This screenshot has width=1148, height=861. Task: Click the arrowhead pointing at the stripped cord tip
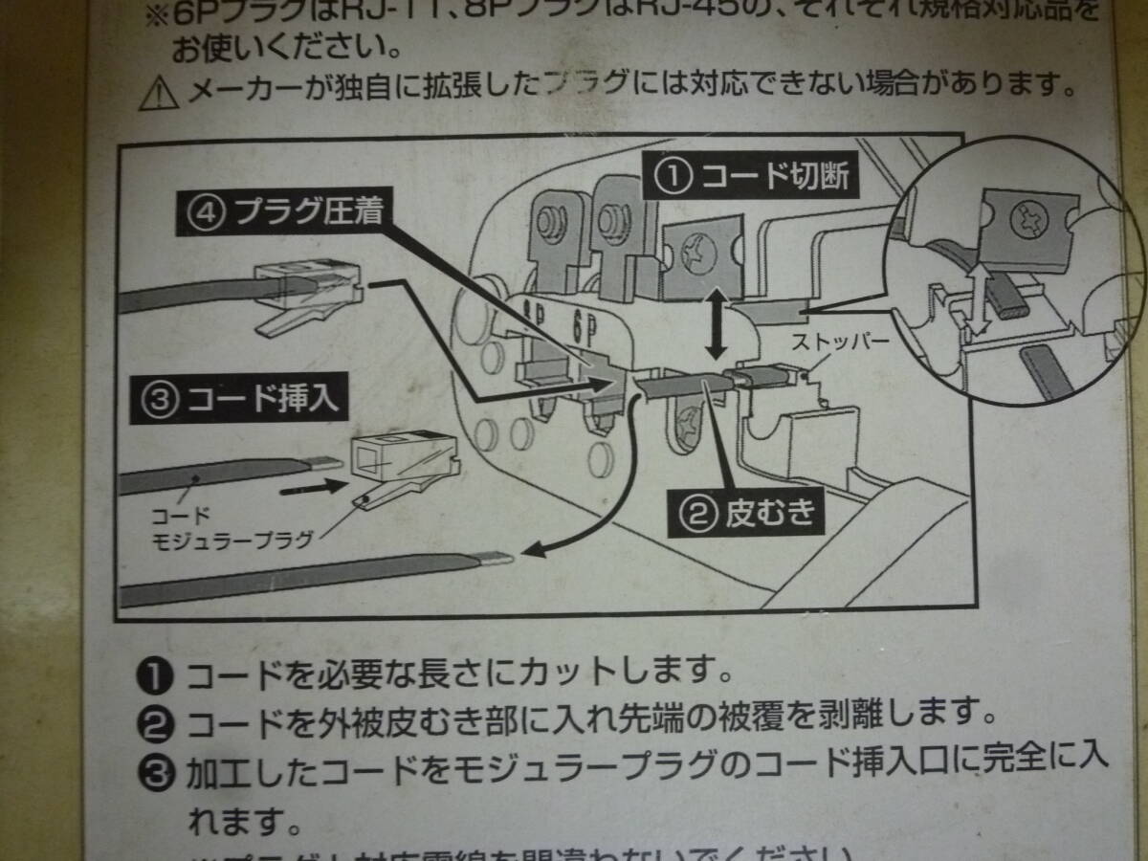pos(531,550)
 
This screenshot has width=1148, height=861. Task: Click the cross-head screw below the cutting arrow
pos(690,422)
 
